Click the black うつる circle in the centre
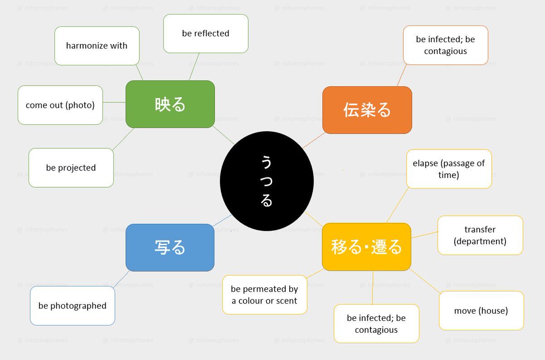tap(267, 181)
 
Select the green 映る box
tap(170, 104)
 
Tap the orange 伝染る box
tap(367, 110)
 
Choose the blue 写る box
tap(170, 247)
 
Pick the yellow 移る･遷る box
tap(367, 247)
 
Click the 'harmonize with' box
tap(97, 45)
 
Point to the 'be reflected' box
tap(206, 33)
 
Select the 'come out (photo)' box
tap(60, 105)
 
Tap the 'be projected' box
tap(71, 168)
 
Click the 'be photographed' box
tap(72, 305)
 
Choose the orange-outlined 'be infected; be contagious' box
tap(445, 45)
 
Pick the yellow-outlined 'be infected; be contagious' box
tap(376, 324)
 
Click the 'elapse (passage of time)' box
tap(449, 169)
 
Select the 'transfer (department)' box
tap(480, 235)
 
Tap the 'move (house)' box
tap(481, 311)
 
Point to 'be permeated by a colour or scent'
tap(264, 295)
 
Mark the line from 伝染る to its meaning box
tap(402, 75)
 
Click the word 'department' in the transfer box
tap(480, 241)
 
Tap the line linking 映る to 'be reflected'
tap(194, 66)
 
